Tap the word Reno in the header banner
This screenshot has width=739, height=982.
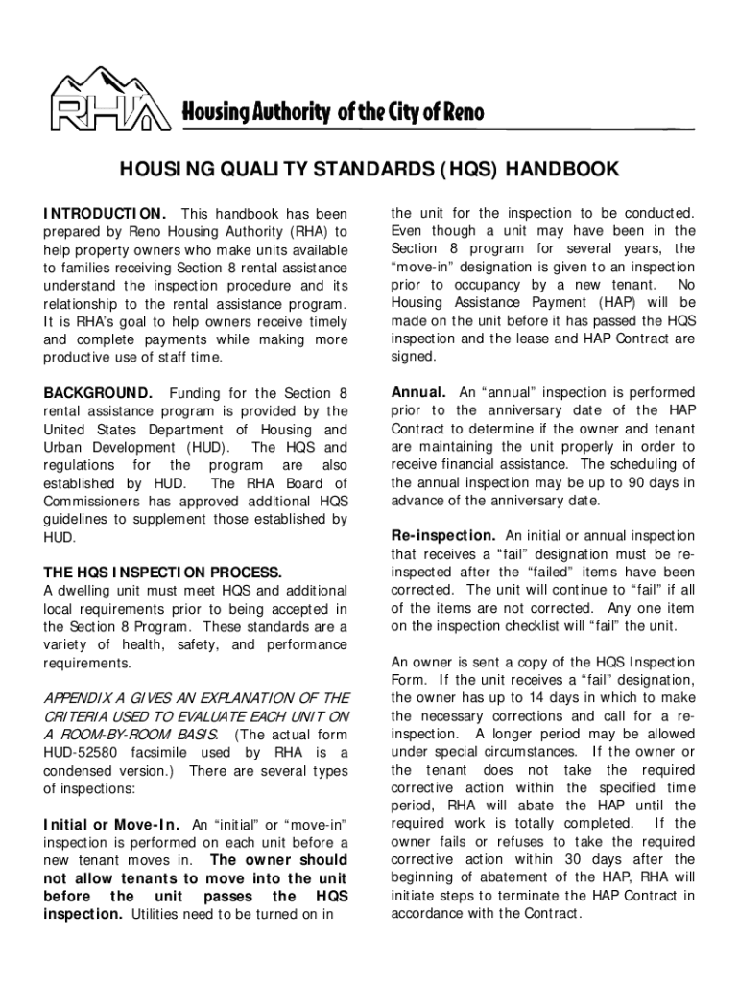click(461, 112)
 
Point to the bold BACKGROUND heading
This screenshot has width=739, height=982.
click(98, 393)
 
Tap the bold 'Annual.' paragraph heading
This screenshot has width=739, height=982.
click(418, 393)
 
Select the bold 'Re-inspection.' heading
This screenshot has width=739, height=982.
click(443, 536)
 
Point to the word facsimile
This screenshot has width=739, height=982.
click(154, 753)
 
